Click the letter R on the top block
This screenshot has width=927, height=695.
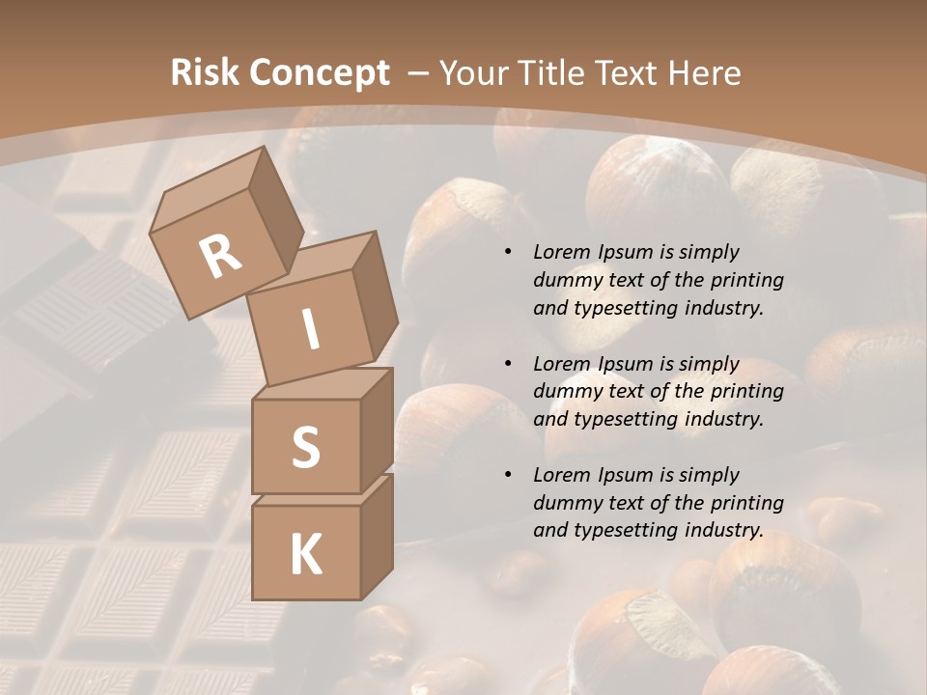pyautogui.click(x=220, y=257)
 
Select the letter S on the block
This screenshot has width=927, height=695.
pyautogui.click(x=305, y=447)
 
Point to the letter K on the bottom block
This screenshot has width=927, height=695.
pyautogui.click(x=305, y=554)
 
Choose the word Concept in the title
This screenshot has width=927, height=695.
pyautogui.click(x=319, y=73)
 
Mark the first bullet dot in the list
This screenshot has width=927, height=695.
pyautogui.click(x=508, y=253)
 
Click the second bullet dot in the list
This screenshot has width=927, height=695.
pyautogui.click(x=508, y=364)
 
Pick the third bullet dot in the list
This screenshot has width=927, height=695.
pyautogui.click(x=508, y=475)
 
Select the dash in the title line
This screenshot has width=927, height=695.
pyautogui.click(x=418, y=72)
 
